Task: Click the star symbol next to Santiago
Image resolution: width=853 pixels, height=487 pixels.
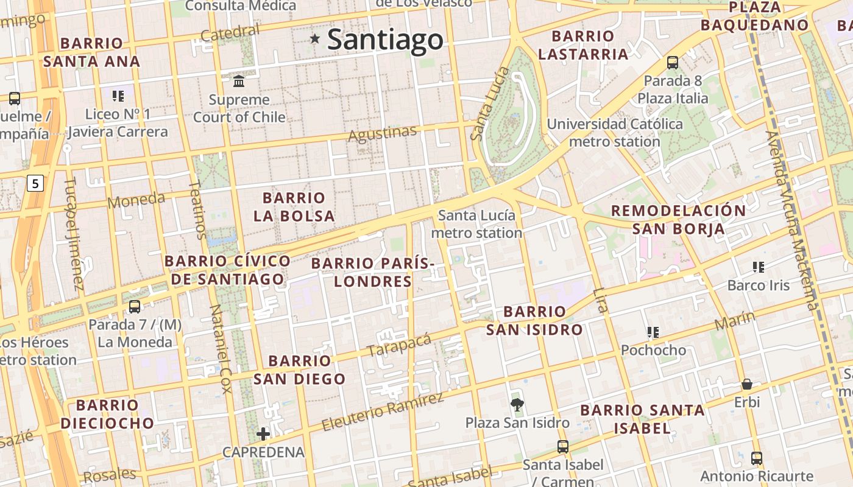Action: tap(314, 39)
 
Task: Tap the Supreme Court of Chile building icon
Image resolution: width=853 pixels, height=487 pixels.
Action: tap(239, 81)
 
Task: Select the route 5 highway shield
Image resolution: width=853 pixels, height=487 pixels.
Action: tap(36, 183)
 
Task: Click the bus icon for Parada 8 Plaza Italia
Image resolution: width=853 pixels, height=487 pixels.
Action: tap(673, 62)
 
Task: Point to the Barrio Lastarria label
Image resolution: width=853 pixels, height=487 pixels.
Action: tap(582, 45)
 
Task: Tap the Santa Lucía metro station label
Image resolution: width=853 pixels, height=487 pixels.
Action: tap(476, 223)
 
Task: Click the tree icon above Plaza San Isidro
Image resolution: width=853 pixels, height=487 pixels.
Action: tap(517, 404)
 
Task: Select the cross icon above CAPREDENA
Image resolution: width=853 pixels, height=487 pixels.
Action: tap(263, 433)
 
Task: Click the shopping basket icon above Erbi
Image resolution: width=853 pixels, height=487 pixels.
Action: tap(746, 384)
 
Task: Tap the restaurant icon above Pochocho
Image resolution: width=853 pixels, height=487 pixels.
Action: tap(653, 332)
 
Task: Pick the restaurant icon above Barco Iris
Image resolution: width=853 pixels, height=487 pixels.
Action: tap(758, 267)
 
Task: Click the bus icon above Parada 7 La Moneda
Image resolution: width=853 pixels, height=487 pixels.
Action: tap(135, 306)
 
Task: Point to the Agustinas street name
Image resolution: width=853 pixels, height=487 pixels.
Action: tap(382, 133)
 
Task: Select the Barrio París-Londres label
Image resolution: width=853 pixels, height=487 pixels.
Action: tap(373, 272)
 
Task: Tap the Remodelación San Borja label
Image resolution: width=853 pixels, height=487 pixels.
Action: tap(678, 220)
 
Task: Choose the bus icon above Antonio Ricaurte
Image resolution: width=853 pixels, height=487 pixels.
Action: tap(757, 458)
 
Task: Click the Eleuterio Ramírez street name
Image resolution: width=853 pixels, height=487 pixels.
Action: tap(382, 412)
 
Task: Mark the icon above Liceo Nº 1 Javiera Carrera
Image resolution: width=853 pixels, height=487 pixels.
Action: tap(118, 96)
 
